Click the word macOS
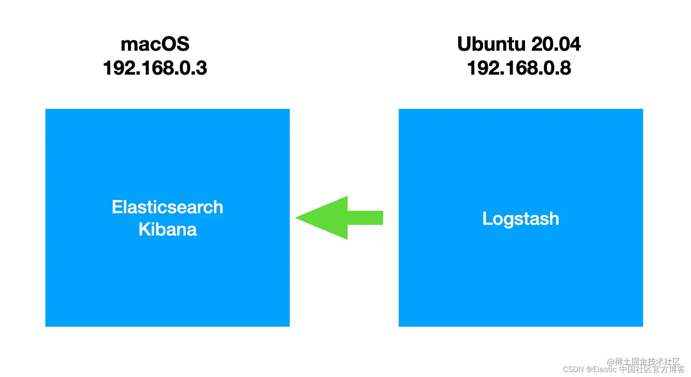tap(155, 44)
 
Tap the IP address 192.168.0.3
tap(155, 68)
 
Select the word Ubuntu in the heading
tap(491, 44)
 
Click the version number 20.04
tap(556, 44)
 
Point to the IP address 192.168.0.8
tap(519, 68)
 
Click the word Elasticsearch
tap(167, 207)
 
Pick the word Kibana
tap(167, 229)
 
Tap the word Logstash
tap(521, 219)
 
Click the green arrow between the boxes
tap(339, 218)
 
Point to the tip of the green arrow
tap(298, 218)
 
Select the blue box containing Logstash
tap(521, 283)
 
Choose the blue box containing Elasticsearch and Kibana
tap(167, 283)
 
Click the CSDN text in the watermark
tap(573, 369)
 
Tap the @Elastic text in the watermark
tap(601, 369)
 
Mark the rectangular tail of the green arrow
tap(365, 218)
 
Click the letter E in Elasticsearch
tap(117, 207)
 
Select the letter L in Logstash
tap(487, 219)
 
